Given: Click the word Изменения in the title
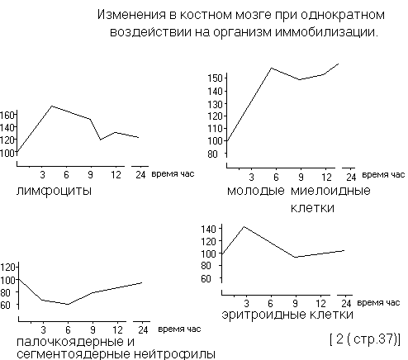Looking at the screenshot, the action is point(132,15).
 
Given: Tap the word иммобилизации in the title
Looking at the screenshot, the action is point(327,32).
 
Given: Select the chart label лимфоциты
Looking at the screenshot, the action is point(54,191).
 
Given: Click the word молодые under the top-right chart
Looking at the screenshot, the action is point(256,191).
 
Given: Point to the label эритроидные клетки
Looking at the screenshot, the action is point(287,315).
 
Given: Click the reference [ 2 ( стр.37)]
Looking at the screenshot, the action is point(365,339).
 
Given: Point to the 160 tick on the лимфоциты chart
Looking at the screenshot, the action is point(7,115).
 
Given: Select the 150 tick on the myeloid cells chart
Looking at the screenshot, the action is point(216,78).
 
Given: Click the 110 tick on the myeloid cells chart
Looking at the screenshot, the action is point(216,129).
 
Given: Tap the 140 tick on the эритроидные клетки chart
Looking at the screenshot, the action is point(208,229).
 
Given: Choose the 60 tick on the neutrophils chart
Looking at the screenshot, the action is point(5,305).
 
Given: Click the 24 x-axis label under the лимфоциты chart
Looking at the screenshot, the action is point(140,175).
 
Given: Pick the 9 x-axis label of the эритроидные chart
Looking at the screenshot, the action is point(295,303).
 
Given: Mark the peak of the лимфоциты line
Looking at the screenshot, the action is point(52,106).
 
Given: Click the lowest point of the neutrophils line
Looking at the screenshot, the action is point(68,304).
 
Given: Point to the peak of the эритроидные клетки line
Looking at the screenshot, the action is point(244,226).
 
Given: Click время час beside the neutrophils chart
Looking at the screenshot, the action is point(179,329).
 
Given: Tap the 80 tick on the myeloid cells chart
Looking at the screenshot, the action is point(213,154).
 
